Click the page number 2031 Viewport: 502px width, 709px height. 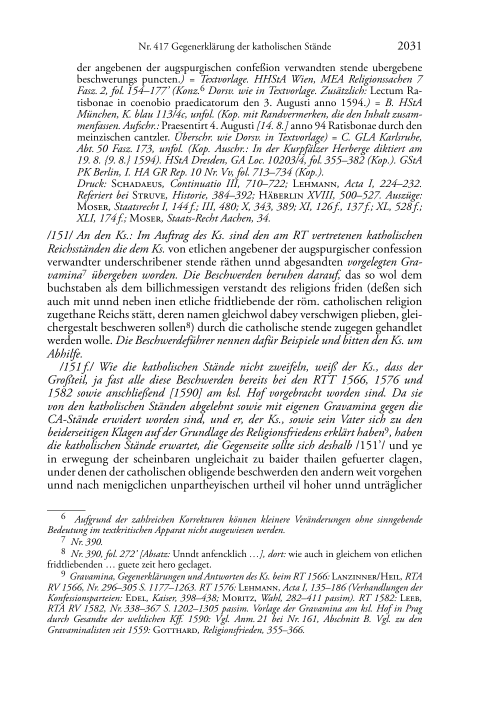(x=409, y=46)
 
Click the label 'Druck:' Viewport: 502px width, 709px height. (x=89, y=183)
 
